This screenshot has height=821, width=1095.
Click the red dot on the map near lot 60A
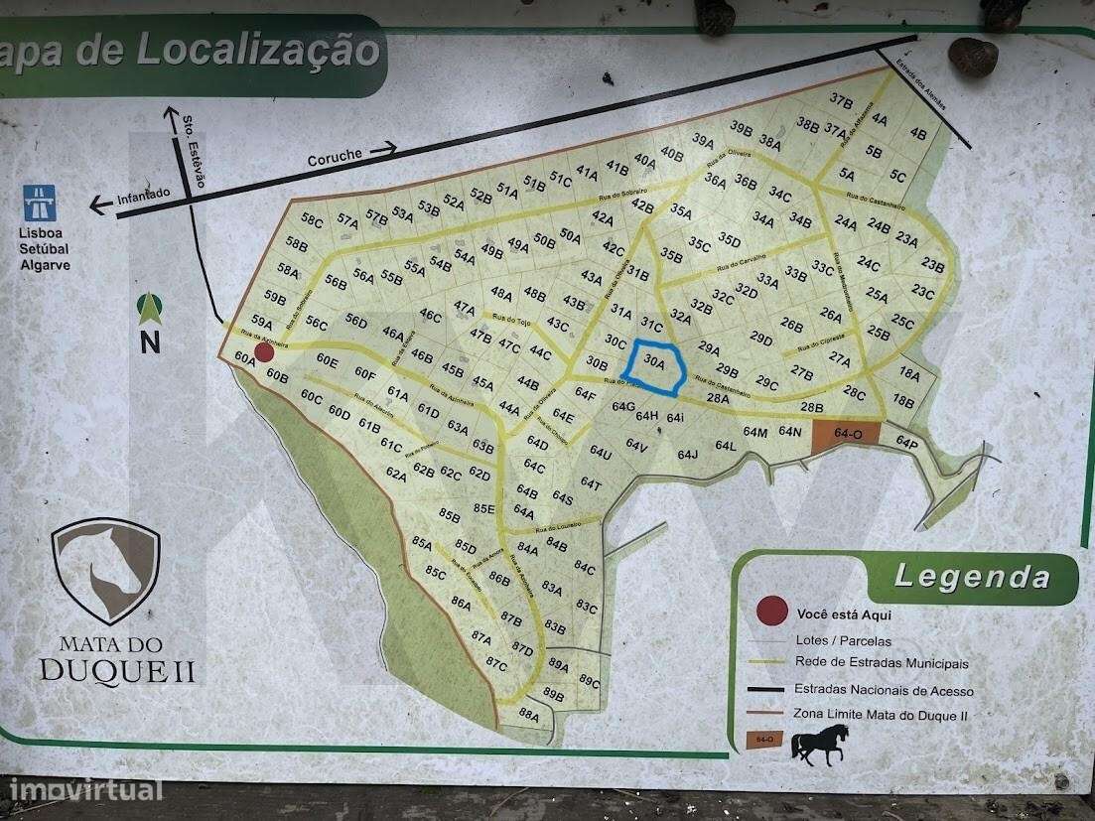point(264,352)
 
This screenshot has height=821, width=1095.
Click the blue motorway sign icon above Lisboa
point(40,203)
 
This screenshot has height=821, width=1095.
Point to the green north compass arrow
point(150,309)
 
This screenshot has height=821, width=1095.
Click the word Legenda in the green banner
point(972,577)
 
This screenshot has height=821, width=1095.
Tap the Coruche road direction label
point(336,156)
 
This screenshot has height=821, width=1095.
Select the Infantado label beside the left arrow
point(144,195)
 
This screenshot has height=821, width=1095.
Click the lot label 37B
point(841,100)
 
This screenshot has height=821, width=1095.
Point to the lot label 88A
point(528,714)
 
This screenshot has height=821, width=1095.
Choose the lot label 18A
point(909,374)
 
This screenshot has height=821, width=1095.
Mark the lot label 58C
point(312,219)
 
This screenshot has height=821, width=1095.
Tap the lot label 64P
point(906,441)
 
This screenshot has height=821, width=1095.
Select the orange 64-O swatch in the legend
point(763,740)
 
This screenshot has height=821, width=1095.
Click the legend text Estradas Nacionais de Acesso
point(884,691)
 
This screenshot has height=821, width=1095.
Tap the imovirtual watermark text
point(84,791)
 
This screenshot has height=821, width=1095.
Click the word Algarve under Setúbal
point(45,265)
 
